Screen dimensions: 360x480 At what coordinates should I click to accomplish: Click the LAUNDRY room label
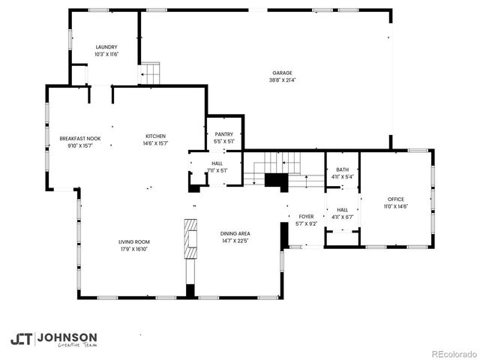tap(106, 46)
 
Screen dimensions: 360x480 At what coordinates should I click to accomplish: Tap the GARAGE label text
tap(282, 73)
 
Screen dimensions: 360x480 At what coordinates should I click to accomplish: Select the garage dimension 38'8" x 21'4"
tap(282, 79)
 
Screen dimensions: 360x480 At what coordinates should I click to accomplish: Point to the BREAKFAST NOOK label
tap(80, 137)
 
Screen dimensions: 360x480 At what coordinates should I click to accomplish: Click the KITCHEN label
tap(155, 136)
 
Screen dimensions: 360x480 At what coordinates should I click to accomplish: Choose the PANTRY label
tap(223, 133)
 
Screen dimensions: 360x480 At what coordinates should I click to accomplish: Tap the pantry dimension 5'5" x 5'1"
tap(223, 141)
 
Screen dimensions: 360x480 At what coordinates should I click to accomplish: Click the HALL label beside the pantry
tap(217, 163)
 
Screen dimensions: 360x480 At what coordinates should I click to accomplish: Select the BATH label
tap(342, 169)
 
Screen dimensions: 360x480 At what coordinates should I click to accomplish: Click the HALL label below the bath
tap(342, 210)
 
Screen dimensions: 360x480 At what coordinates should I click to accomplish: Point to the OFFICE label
tap(395, 199)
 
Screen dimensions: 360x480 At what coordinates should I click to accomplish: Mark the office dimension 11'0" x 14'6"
tap(395, 206)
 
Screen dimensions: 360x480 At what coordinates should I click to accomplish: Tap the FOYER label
tap(306, 216)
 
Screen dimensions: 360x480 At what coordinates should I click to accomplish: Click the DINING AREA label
tap(235, 234)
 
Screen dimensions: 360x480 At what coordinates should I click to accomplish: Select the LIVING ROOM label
tap(133, 241)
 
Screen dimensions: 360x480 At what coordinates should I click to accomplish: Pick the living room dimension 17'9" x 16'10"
tap(133, 249)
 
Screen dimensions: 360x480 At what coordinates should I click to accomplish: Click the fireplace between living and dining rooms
tap(190, 239)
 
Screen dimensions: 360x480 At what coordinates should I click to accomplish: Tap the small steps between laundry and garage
tap(150, 73)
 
